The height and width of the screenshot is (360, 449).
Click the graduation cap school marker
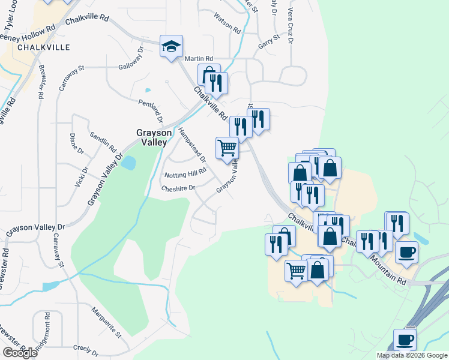(171, 46)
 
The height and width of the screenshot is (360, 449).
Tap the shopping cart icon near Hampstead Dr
(227, 148)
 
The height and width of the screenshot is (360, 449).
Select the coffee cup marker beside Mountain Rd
(406, 251)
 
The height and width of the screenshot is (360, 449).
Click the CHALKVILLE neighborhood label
(44, 47)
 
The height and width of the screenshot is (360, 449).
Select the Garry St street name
(269, 40)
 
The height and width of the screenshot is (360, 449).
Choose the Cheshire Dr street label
(178, 188)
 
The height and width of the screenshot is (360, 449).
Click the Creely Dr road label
(85, 349)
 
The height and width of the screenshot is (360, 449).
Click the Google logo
(20, 353)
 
